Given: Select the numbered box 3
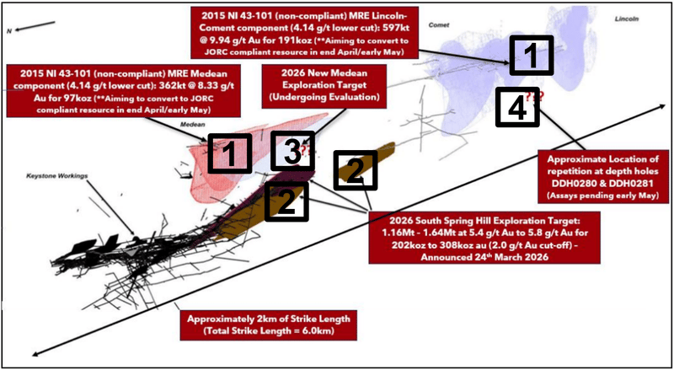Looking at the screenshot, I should (290, 153).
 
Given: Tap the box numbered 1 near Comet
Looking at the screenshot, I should (530, 56).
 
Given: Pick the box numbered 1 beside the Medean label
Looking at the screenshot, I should (229, 154).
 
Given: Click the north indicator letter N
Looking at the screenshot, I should (9, 30).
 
